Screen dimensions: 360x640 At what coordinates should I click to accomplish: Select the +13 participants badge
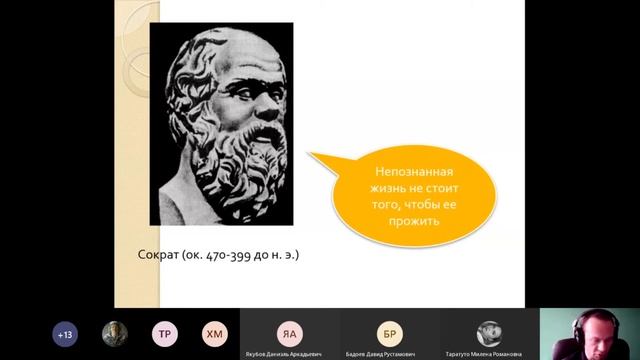66,334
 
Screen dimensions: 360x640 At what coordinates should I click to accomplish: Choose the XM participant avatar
213,334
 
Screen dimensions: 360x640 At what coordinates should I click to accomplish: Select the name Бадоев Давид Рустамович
389,352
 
